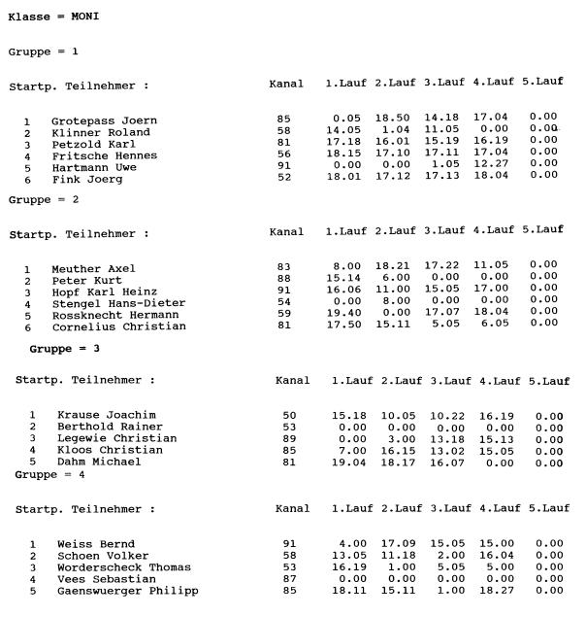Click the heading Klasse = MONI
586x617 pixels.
point(53,17)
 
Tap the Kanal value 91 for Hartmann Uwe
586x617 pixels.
point(283,167)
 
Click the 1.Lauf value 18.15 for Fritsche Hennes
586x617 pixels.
point(346,155)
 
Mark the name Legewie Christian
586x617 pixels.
point(116,438)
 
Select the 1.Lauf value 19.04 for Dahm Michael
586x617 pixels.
point(351,462)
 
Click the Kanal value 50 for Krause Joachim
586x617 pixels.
point(289,415)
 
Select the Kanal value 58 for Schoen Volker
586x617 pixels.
point(289,555)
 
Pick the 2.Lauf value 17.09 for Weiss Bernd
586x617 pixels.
point(398,543)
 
